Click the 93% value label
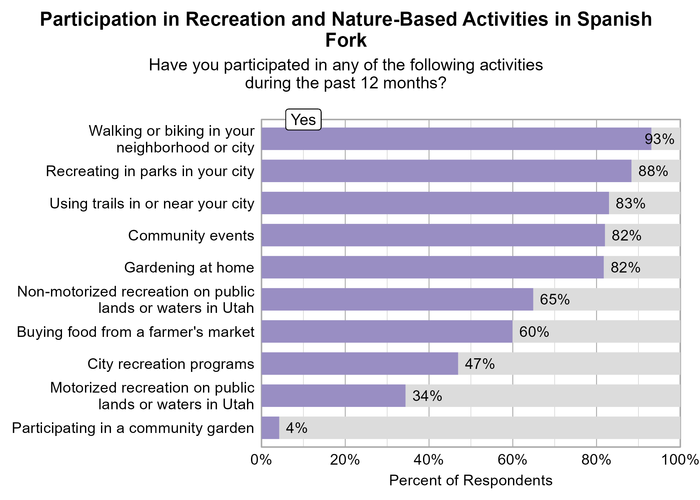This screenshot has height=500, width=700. click(x=659, y=139)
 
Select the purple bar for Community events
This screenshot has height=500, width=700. click(x=433, y=235)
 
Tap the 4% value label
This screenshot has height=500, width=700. click(x=296, y=428)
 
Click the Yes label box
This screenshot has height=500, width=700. click(x=303, y=120)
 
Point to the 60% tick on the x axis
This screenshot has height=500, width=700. click(x=513, y=460)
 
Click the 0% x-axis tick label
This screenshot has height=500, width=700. click(x=261, y=460)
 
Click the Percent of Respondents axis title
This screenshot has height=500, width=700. click(x=471, y=481)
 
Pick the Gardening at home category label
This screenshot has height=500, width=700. click(x=189, y=268)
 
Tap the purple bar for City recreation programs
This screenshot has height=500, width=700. click(x=360, y=364)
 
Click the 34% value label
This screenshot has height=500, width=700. click(x=427, y=396)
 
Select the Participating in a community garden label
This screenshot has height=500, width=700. click(x=133, y=428)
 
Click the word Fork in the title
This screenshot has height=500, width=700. click(x=346, y=40)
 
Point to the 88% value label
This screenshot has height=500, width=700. click(x=653, y=171)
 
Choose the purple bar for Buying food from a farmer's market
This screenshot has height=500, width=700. click(x=387, y=332)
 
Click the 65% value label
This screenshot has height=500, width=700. click(x=555, y=300)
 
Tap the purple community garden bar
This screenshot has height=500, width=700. click(x=270, y=428)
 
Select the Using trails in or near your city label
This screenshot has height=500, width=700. click(x=152, y=203)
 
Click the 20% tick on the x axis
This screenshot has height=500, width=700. click(x=345, y=460)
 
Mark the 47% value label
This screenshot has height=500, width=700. click(x=479, y=364)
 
